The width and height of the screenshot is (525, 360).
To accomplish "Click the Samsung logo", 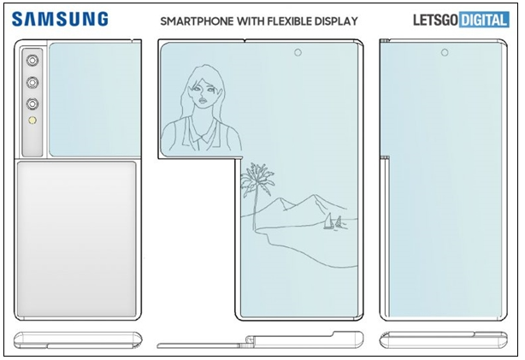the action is pyautogui.click(x=60, y=19).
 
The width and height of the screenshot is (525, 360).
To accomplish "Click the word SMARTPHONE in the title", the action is pyautogui.click(x=197, y=21).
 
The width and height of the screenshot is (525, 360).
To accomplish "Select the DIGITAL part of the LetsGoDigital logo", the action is pyautogui.click(x=485, y=20).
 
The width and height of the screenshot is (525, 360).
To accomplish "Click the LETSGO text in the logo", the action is pyautogui.click(x=435, y=20).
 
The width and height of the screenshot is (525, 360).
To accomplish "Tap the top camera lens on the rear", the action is pyautogui.click(x=32, y=61).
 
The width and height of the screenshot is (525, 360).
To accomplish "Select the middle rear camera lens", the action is pyautogui.click(x=32, y=82).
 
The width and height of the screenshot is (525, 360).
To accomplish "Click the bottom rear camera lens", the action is pyautogui.click(x=32, y=103).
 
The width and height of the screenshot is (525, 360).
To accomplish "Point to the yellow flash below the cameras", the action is pyautogui.click(x=32, y=120).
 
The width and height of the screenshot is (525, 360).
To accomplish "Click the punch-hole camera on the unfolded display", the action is pyautogui.click(x=298, y=52).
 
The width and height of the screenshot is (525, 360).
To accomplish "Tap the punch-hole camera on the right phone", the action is pyautogui.click(x=445, y=52).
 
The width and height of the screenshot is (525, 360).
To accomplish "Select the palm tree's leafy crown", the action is pyautogui.click(x=257, y=180).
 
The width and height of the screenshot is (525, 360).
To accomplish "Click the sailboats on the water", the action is pyautogui.click(x=333, y=222).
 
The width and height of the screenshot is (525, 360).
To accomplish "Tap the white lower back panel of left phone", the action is pyautogui.click(x=77, y=239).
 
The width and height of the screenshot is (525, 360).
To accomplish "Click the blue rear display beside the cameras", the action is pyautogui.click(x=94, y=99).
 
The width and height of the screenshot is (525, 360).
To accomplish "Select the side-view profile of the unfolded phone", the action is pyautogui.click(x=260, y=340).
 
